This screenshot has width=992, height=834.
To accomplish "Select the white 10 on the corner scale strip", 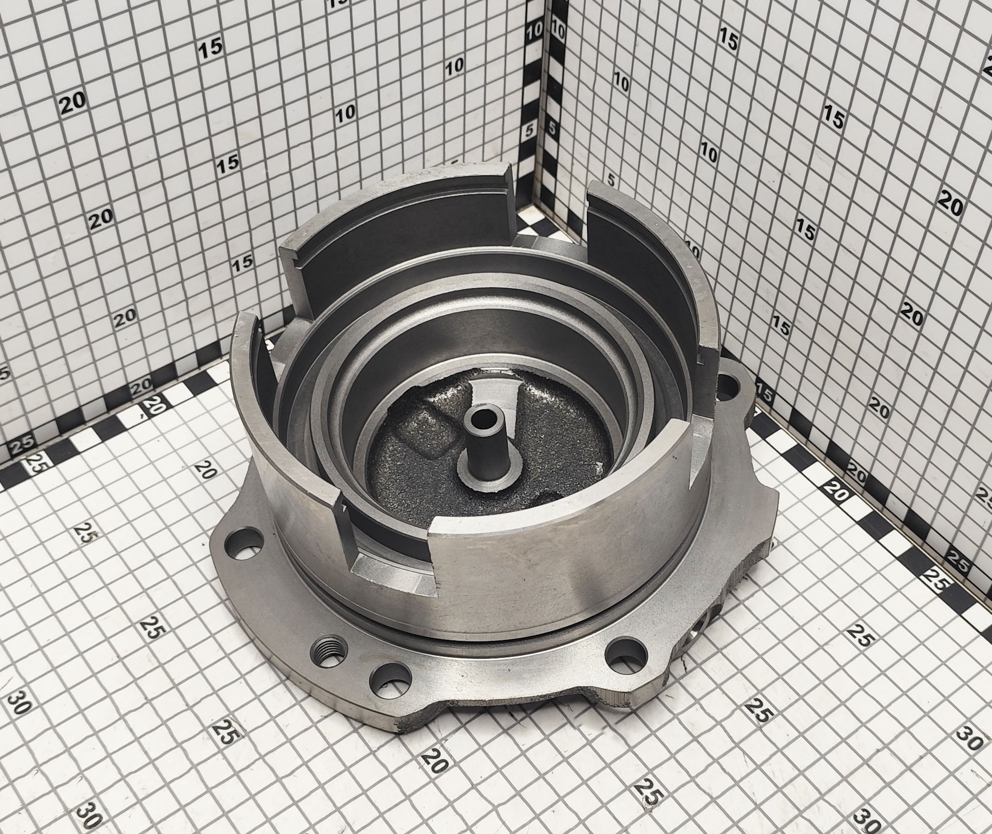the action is pos(535,31).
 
